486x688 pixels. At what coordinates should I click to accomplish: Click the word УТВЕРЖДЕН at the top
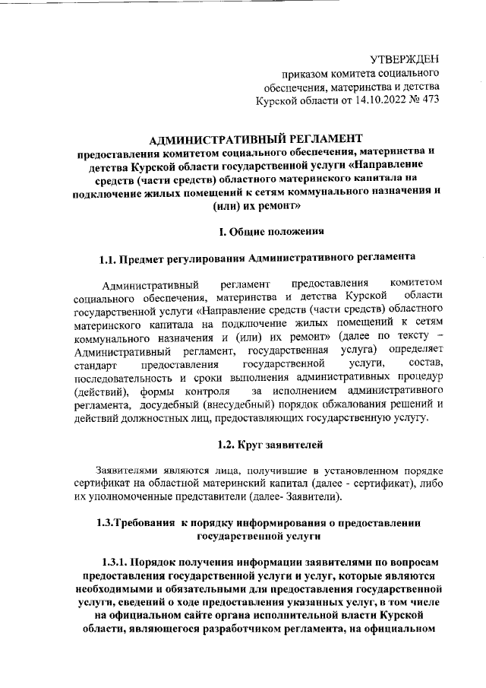[x=405, y=59]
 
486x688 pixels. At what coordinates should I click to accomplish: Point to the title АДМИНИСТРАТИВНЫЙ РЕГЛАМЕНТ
[x=258, y=139]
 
